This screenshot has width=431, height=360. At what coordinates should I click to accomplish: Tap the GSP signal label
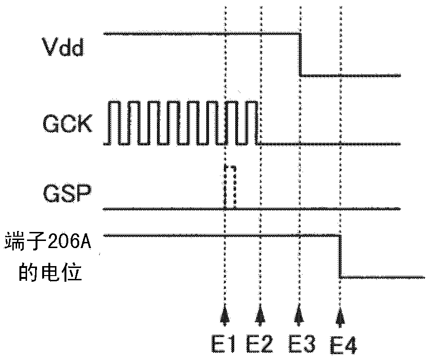pyautogui.click(x=63, y=194)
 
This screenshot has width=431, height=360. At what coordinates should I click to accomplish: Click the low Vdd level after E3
pyautogui.click(x=351, y=75)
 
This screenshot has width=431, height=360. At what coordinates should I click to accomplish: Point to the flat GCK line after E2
pyautogui.click(x=332, y=144)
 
